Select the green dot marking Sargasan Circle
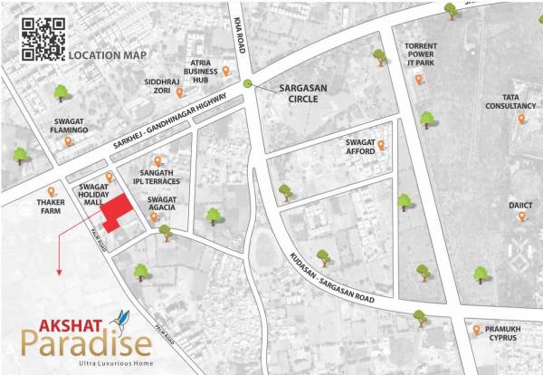tap(247, 84)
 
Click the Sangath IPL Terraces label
tap(164, 177)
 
